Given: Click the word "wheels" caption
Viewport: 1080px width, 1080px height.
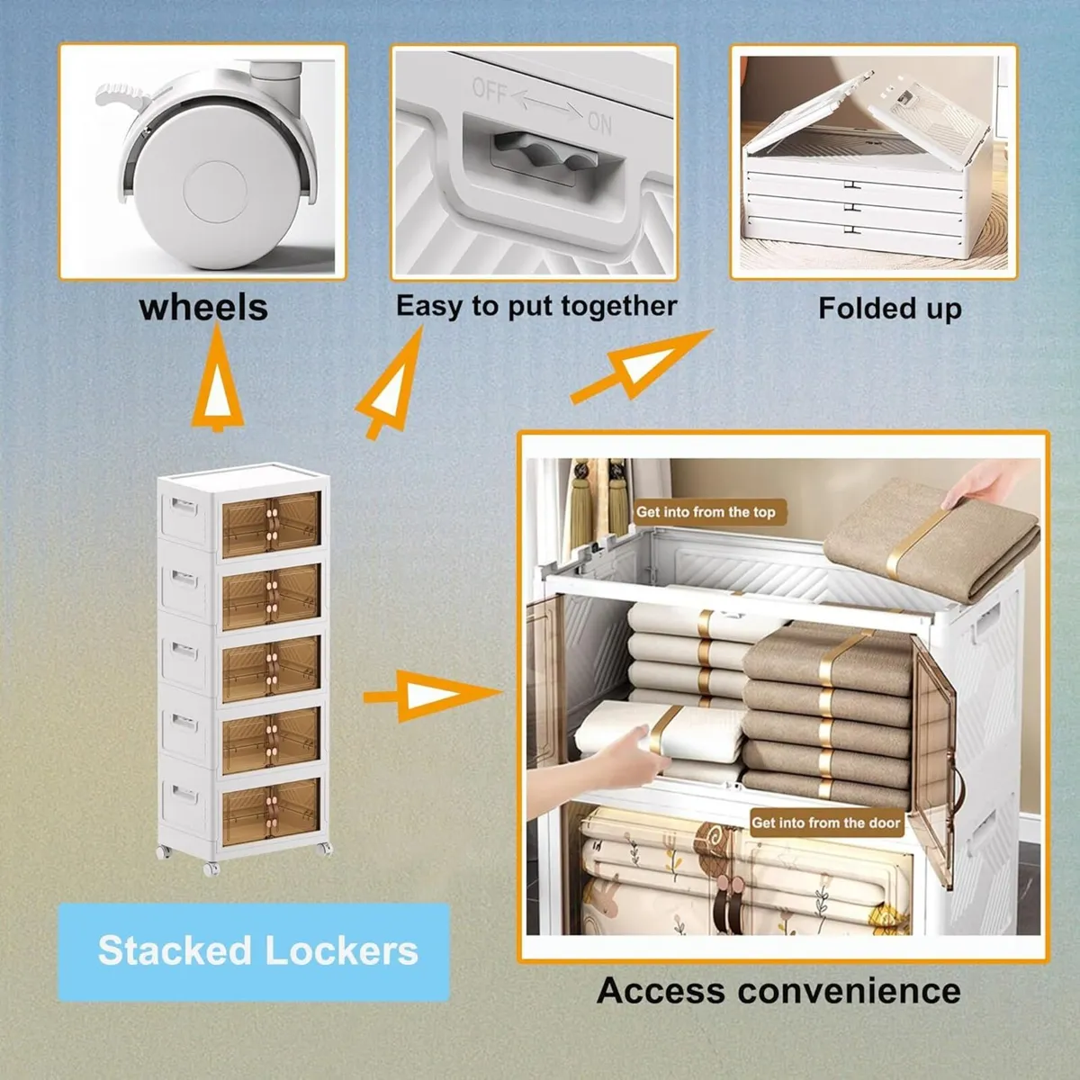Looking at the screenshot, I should pyautogui.click(x=203, y=307).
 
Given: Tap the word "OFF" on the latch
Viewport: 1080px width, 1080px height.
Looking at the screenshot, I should pyautogui.click(x=490, y=91).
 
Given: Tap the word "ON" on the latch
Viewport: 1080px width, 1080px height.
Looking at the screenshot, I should pyautogui.click(x=600, y=121).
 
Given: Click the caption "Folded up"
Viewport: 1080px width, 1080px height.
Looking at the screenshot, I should pyautogui.click(x=889, y=309).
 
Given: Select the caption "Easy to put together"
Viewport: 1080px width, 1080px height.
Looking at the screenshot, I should pyautogui.click(x=536, y=306).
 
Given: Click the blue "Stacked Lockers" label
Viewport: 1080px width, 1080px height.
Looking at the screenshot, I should pyautogui.click(x=257, y=951).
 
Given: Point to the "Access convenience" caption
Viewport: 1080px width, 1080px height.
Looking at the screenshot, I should pyautogui.click(x=778, y=991).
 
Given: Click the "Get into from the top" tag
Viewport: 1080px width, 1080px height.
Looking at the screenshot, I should pyautogui.click(x=706, y=512).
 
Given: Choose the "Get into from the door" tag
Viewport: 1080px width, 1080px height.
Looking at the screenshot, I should pyautogui.click(x=825, y=823).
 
